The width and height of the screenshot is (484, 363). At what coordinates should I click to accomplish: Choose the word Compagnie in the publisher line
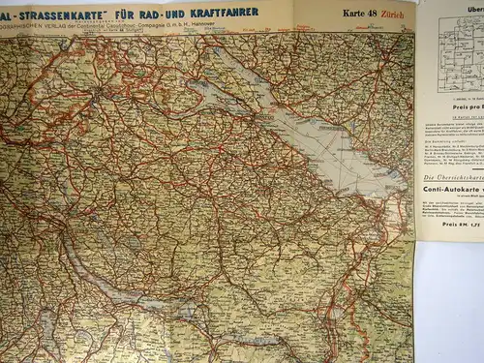tap(199, 28)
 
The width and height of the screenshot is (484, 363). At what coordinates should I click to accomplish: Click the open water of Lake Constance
tap(319, 136)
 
